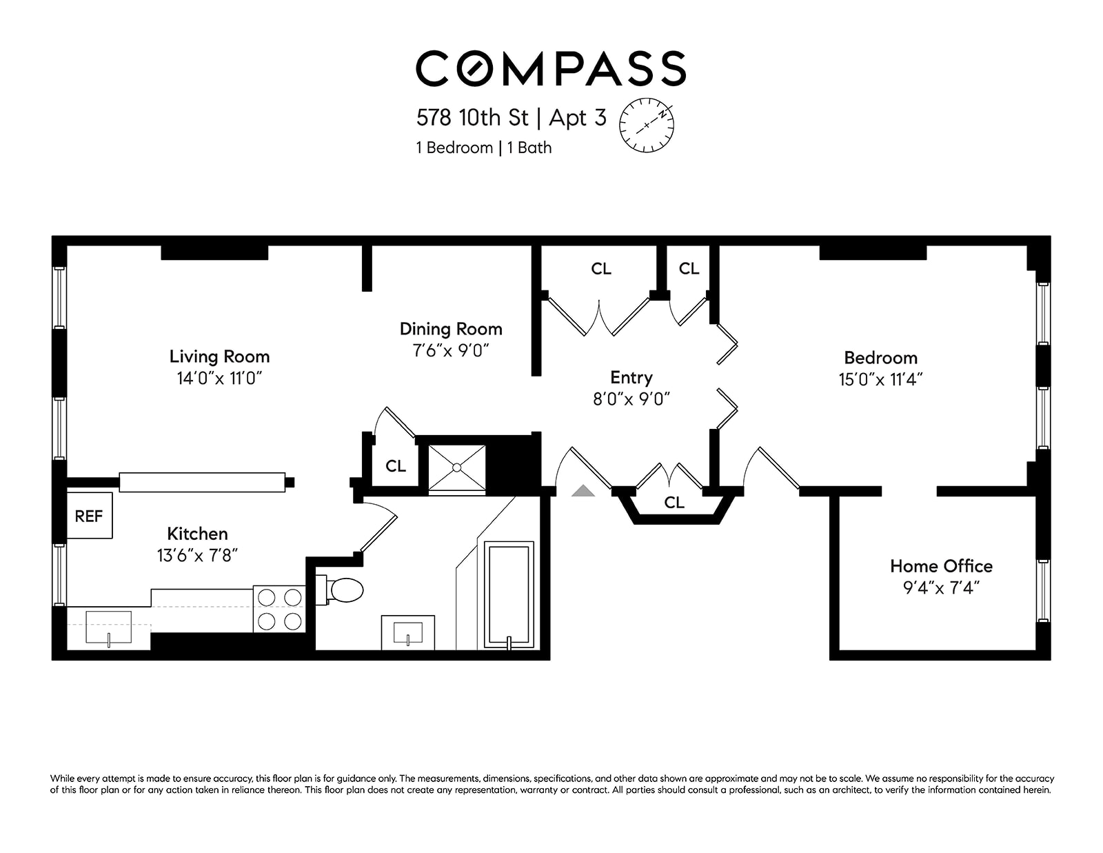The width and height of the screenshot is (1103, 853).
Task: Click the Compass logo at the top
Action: point(551,68)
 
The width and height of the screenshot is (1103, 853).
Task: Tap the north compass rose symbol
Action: point(646,125)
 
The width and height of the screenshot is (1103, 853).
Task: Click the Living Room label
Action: point(219,357)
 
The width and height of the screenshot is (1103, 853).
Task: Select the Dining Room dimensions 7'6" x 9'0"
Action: point(451,350)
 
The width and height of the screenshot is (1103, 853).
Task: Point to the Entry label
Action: point(631,378)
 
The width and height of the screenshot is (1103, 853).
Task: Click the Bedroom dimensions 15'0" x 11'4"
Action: point(880,379)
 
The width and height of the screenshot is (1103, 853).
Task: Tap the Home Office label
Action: point(941,566)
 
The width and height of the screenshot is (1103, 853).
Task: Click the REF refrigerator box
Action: point(90,515)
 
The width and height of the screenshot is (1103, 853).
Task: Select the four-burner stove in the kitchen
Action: point(279,609)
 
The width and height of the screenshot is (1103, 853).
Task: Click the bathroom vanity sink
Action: point(408,632)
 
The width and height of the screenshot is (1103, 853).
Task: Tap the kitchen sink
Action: point(109,628)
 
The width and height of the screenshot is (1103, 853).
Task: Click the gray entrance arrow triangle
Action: point(583,490)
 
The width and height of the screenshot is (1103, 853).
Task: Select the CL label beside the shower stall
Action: point(396,466)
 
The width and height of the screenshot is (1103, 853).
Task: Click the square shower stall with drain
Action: point(457,468)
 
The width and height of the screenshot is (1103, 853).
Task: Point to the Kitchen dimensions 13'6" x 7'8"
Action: point(197,556)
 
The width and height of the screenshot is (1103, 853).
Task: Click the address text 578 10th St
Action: point(472,118)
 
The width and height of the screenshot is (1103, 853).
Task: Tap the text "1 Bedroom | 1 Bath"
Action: point(484,148)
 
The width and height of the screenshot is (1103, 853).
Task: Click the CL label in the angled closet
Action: point(674,503)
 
